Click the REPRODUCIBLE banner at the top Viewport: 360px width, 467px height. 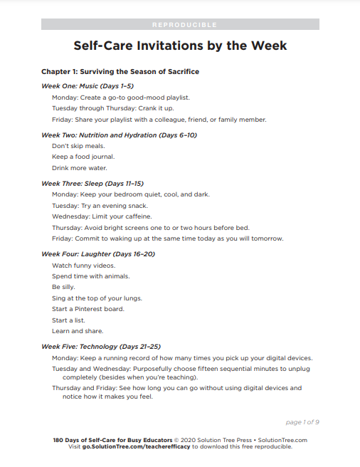click(x=180, y=24)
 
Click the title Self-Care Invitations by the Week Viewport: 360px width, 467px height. click(x=180, y=46)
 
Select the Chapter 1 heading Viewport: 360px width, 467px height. click(x=120, y=72)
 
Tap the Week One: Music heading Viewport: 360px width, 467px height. click(x=88, y=85)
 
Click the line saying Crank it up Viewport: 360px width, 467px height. click(x=112, y=107)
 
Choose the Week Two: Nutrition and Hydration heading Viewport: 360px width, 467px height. click(x=119, y=135)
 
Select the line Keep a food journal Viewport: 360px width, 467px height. click(x=83, y=157)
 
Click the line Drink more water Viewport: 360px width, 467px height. click(x=80, y=168)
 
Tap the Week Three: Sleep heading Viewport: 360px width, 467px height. click(x=92, y=183)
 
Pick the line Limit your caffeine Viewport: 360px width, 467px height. click(x=102, y=216)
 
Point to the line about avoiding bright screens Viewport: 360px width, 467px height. click(x=151, y=227)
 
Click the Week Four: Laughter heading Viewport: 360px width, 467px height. click(x=98, y=253)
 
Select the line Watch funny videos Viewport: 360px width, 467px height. click(x=84, y=265)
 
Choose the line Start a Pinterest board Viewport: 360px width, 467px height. click(x=88, y=309)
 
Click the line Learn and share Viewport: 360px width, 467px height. click(x=78, y=331)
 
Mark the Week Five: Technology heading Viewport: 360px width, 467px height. click(x=101, y=346)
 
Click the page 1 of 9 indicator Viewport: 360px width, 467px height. click(x=302, y=422)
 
